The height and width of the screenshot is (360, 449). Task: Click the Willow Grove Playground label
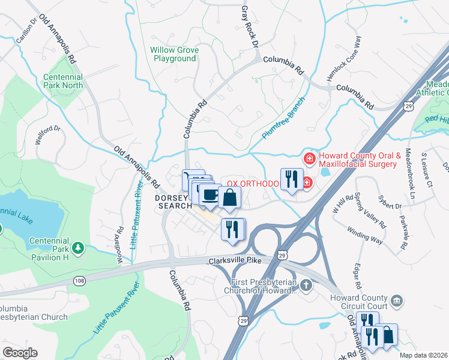coord(174,54)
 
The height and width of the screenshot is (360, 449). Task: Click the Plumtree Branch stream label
coord(284,118)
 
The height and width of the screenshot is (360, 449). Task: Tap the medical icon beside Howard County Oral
coord(310,158)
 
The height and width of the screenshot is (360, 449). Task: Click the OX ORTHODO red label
coord(252,183)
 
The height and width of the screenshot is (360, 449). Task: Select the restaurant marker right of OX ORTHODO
coord(292,179)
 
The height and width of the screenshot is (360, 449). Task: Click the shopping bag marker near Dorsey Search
coord(229,196)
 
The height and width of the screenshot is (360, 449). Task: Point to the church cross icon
coord(307,285)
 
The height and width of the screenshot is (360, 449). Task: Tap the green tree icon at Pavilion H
coord(77,247)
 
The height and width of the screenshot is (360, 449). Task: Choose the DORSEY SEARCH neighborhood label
coord(174,202)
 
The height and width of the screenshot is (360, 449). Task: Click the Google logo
coord(20,353)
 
